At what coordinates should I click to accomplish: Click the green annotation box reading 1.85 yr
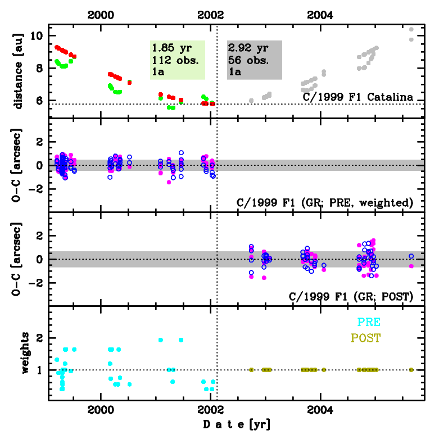click(x=177, y=59)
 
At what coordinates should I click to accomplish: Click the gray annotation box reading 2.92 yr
click(x=254, y=59)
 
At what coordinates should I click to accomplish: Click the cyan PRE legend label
click(x=369, y=322)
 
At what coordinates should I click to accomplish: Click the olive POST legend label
click(x=365, y=338)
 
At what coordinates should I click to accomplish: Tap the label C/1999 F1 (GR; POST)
click(x=351, y=296)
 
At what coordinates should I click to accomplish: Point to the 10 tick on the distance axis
click(x=37, y=36)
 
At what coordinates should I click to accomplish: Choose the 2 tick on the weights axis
click(x=39, y=338)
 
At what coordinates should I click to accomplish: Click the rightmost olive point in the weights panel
click(x=411, y=370)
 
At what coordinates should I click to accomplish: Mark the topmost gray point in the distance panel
click(x=411, y=30)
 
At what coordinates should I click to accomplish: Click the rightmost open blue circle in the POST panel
click(x=411, y=256)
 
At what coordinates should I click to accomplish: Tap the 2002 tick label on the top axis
click(x=211, y=15)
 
